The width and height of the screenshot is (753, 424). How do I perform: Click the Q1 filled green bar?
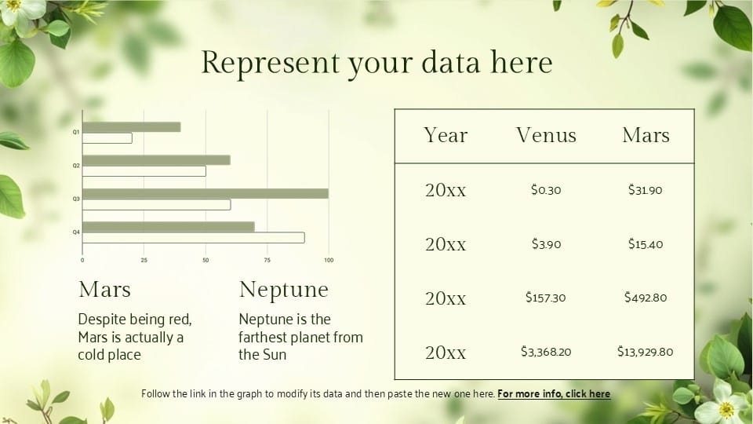pos(132,127)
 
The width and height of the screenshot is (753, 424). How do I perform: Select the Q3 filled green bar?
pos(206,193)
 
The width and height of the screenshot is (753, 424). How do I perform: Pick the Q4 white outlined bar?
pos(194,237)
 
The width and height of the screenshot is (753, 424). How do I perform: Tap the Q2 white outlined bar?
pos(144,171)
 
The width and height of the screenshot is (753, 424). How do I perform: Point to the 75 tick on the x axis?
pos(267,260)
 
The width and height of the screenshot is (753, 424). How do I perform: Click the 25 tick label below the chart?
pos(144,260)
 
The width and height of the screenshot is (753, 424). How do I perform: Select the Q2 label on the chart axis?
pos(76,166)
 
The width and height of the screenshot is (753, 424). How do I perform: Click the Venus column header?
pos(546,135)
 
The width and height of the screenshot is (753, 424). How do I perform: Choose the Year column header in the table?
pos(446,135)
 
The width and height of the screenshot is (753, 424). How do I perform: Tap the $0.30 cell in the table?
pos(546,190)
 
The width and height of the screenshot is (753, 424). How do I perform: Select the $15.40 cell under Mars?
pos(646,244)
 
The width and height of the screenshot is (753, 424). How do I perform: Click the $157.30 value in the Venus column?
pos(546,298)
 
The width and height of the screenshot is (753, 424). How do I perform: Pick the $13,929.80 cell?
pos(645,352)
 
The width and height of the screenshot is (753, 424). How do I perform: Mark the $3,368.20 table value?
pos(546,352)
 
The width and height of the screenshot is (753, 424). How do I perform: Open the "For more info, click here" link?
pos(554,393)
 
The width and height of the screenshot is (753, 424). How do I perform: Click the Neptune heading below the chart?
pos(283,290)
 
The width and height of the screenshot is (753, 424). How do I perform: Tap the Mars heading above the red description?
pos(104,290)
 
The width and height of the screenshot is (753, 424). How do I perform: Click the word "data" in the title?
pos(450,63)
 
